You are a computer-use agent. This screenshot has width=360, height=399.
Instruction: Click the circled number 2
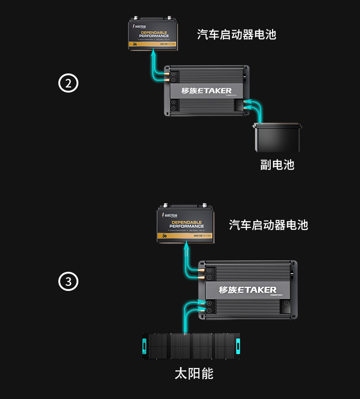click(x=68, y=84)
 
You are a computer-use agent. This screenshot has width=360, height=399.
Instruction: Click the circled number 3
click(x=68, y=282)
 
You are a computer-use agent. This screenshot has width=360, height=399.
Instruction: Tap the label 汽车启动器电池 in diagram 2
click(x=237, y=35)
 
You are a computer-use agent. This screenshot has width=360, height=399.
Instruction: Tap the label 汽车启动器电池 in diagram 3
click(x=268, y=225)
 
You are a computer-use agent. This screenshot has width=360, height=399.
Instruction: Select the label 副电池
click(x=277, y=165)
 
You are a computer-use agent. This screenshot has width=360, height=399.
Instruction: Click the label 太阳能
click(x=194, y=374)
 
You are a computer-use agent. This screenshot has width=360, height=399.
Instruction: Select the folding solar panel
click(x=192, y=345)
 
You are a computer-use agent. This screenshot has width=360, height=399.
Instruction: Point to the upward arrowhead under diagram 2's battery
click(x=154, y=54)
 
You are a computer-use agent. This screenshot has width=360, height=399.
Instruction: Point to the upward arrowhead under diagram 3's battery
click(x=186, y=247)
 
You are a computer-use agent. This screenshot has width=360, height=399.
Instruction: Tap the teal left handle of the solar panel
click(x=144, y=345)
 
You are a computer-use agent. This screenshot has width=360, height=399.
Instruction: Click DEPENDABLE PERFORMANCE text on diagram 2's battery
click(x=154, y=34)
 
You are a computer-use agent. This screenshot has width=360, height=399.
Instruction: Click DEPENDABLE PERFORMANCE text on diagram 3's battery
click(x=186, y=224)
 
